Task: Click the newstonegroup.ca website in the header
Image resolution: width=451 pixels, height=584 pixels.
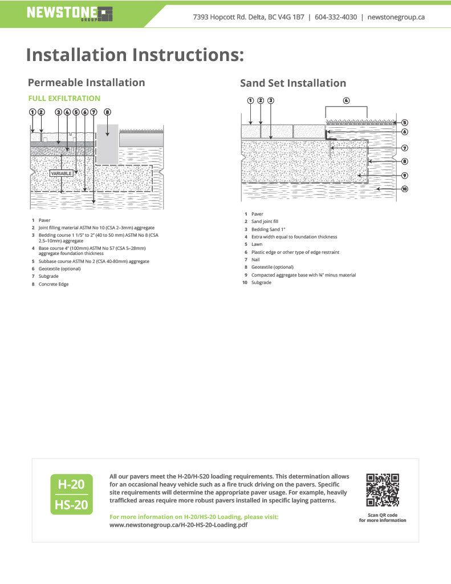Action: (396, 17)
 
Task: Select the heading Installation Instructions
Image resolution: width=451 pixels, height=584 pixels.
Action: (135, 55)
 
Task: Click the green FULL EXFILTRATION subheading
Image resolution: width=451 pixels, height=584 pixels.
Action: (64, 98)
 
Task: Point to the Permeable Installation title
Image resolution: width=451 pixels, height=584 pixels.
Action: (86, 82)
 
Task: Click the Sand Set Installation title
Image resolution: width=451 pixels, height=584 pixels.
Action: (293, 83)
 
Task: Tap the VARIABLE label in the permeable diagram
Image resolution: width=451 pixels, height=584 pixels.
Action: (62, 173)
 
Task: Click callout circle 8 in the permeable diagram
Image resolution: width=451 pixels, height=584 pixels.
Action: (107, 112)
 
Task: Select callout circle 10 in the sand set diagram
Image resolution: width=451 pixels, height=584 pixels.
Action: (405, 189)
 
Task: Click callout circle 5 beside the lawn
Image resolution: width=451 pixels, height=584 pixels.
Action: (405, 122)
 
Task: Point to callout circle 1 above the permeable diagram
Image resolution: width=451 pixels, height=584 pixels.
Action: (32, 112)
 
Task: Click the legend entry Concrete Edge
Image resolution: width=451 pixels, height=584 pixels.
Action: (53, 284)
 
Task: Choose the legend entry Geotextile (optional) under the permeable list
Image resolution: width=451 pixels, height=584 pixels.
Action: (59, 268)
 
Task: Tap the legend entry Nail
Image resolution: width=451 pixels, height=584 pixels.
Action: (255, 259)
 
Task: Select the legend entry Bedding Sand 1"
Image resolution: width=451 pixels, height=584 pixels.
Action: (268, 229)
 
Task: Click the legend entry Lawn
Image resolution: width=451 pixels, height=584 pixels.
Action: (257, 244)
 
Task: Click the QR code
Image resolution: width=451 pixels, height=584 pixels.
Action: (382, 490)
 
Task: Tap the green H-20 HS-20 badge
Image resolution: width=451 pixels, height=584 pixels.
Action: (71, 494)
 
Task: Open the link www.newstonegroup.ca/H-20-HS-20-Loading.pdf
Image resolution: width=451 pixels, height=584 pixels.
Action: (178, 525)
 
